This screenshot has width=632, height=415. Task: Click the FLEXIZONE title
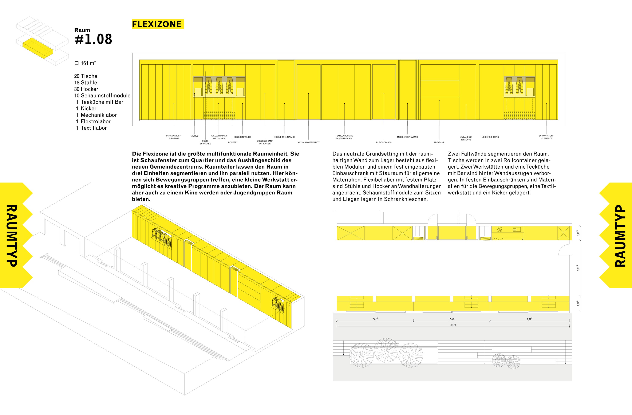pyautogui.click(x=157, y=24)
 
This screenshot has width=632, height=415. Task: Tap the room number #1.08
pyautogui.click(x=94, y=39)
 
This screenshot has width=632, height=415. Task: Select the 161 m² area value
pyautogui.click(x=88, y=63)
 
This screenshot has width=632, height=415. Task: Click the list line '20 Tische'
pyautogui.click(x=86, y=76)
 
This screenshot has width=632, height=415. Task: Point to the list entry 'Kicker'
pyautogui.click(x=88, y=109)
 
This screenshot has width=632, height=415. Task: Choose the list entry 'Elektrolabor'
pyautogui.click(x=96, y=121)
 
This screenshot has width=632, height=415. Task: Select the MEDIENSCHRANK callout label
pyautogui.click(x=490, y=137)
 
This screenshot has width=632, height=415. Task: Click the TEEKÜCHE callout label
pyautogui.click(x=439, y=142)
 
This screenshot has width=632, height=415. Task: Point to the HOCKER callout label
pyautogui.click(x=232, y=142)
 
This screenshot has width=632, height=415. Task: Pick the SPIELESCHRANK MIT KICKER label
pyautogui.click(x=265, y=142)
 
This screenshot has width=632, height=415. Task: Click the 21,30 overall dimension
pyautogui.click(x=453, y=325)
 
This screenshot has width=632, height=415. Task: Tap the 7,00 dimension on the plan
pyautogui.click(x=452, y=319)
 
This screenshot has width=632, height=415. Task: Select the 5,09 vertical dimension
pyautogui.click(x=578, y=268)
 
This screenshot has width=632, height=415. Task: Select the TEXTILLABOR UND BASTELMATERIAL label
pyautogui.click(x=344, y=137)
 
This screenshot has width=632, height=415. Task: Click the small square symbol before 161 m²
pyautogui.click(x=77, y=63)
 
